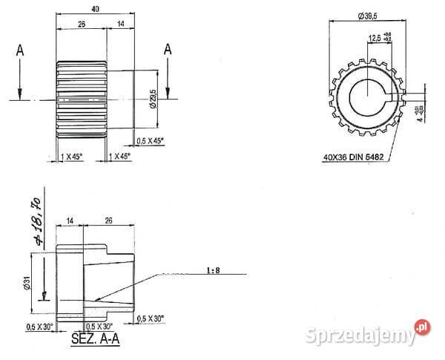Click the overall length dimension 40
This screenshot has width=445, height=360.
click(94, 8)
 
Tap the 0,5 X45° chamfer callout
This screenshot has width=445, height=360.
click(151, 140)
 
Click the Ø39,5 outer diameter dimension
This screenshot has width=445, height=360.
click(368, 15)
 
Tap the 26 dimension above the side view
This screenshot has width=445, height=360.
click(81, 24)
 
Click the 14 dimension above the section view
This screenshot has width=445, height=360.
click(70, 220)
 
